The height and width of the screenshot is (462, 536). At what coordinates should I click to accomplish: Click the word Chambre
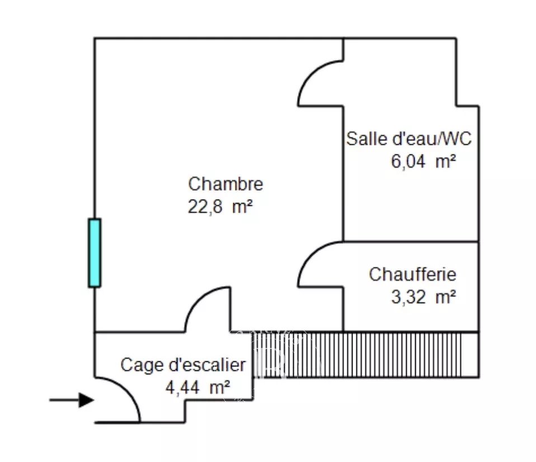[x=225, y=184]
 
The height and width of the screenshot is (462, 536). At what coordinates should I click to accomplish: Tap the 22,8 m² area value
[x=220, y=206]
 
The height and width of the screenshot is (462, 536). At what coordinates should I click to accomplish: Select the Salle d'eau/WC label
[x=409, y=139]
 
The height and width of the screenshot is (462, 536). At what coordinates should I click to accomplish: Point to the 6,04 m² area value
[x=423, y=161]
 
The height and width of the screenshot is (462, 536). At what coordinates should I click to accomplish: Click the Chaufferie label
[x=412, y=274]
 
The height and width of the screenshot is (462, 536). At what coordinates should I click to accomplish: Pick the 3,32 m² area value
[x=423, y=296]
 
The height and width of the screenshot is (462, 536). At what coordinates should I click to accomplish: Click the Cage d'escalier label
[x=183, y=365]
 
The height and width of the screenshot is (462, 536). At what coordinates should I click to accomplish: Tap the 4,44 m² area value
[x=198, y=387]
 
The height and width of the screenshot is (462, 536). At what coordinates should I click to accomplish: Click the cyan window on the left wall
[x=95, y=252]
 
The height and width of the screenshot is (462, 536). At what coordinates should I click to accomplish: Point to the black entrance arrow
[x=72, y=400]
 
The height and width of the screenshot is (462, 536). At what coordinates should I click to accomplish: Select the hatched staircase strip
[x=366, y=355]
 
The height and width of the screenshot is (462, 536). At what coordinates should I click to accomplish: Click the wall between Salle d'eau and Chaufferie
[x=411, y=242]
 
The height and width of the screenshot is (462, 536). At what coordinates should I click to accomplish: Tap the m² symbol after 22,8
[x=242, y=206]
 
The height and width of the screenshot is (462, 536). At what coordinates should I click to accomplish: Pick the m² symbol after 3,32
[x=446, y=296]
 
